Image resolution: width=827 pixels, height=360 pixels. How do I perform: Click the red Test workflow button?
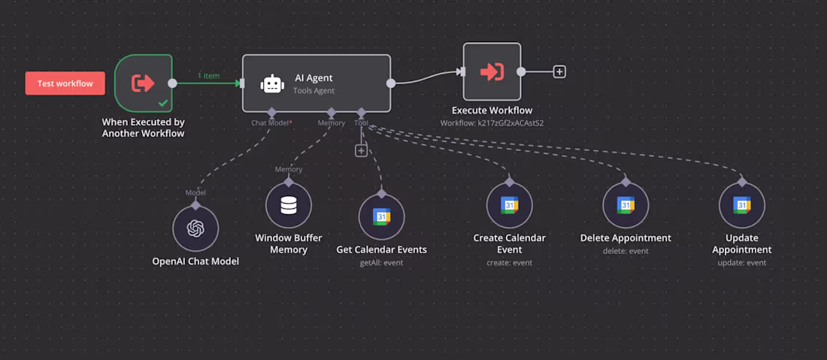65,83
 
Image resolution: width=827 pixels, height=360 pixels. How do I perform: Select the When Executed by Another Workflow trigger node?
143,83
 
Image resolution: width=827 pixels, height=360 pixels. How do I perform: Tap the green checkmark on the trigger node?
163,102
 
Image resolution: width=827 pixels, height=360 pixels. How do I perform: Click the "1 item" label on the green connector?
209,76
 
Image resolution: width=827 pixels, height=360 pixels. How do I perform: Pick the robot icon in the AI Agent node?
272,83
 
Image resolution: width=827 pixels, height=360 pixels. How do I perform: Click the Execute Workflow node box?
492,71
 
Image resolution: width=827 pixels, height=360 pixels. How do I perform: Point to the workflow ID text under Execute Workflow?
492,122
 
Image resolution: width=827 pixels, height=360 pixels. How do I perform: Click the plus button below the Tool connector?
361,150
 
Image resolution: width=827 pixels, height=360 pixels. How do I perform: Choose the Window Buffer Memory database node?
289,205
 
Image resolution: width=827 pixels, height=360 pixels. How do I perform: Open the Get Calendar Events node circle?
381,216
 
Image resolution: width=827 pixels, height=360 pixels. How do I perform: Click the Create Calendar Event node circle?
509,205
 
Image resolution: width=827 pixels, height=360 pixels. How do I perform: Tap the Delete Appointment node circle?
626,205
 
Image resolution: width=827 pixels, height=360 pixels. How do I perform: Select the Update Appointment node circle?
742,205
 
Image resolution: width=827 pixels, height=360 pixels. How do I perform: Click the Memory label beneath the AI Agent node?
332,123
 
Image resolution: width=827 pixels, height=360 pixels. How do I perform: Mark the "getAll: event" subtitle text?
381,263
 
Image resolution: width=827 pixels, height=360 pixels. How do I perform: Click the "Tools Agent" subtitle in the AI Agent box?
314,91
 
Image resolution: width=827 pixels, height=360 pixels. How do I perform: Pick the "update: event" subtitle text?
742,263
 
